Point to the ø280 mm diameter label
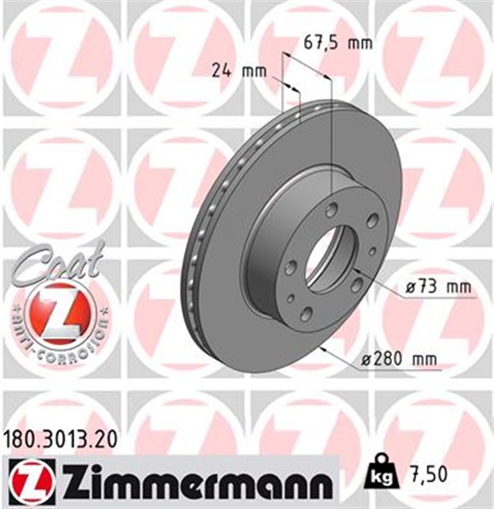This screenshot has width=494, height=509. click(399, 359)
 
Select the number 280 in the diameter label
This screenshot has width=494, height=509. click(388, 359)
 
